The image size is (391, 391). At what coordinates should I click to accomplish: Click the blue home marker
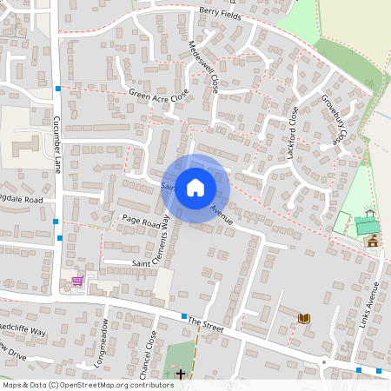click(195, 188)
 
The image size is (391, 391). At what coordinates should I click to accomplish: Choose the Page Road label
click(138, 222)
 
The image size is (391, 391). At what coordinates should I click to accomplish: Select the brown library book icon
click(304, 318)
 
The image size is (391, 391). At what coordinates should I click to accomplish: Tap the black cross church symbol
click(181, 374)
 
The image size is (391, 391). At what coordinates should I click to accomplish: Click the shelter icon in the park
click(370, 212)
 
